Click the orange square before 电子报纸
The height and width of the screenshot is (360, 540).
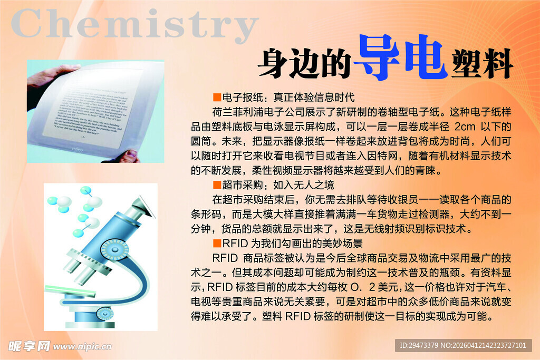pos(216,98)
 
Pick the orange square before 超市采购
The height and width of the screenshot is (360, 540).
pos(216,185)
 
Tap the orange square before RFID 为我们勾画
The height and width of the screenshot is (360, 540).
pos(216,244)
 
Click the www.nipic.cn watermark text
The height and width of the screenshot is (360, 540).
pos(82,347)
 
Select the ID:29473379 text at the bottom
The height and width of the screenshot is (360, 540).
pos(419,345)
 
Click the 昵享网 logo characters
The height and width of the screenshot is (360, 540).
pos(29,346)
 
